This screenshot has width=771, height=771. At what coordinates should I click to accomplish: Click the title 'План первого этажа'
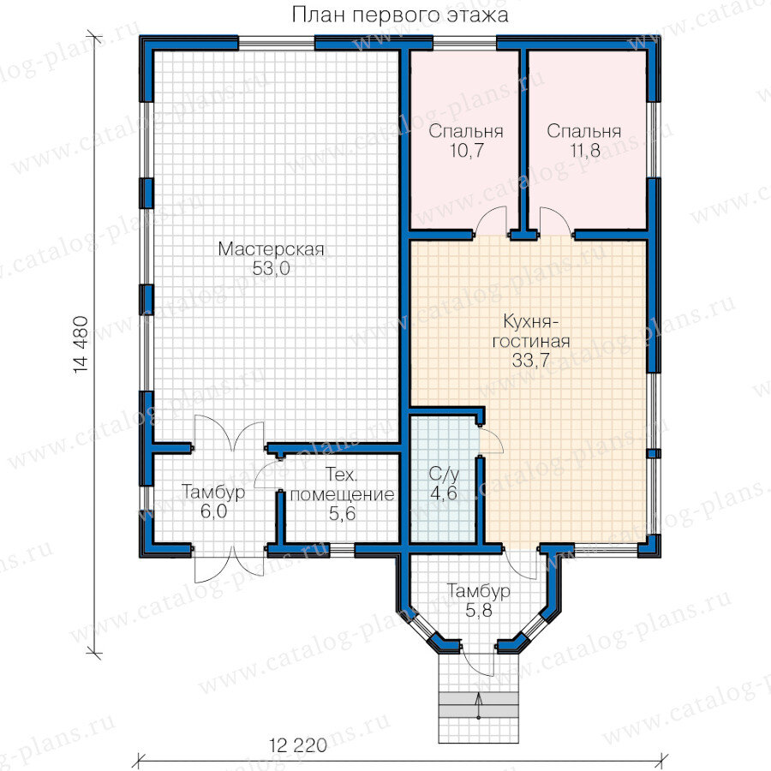(400, 15)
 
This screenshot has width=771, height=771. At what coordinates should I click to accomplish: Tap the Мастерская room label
(271, 248)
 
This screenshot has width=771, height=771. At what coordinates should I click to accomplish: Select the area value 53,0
(271, 268)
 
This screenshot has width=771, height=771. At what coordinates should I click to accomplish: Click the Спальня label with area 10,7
(466, 131)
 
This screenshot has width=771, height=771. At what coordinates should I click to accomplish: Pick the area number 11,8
(585, 151)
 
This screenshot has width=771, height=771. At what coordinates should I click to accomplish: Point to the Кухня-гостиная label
(531, 331)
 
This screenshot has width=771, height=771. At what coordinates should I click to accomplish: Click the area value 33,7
(530, 360)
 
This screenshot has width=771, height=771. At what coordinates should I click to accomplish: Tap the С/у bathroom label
(444, 474)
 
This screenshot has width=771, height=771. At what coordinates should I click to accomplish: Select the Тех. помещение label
(342, 484)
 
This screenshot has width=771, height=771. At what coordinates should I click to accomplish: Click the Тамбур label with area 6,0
(213, 492)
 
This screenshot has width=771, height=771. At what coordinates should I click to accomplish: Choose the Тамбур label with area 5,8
(478, 590)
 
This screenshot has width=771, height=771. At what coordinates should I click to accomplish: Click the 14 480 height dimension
(81, 344)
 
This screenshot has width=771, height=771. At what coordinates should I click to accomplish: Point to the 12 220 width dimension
(298, 745)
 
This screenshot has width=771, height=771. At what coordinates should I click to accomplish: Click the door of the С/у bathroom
(491, 441)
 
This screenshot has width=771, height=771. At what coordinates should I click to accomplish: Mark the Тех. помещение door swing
(267, 474)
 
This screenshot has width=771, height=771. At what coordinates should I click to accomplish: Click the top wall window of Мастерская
(276, 43)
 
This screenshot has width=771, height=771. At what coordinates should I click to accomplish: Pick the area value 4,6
(444, 493)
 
